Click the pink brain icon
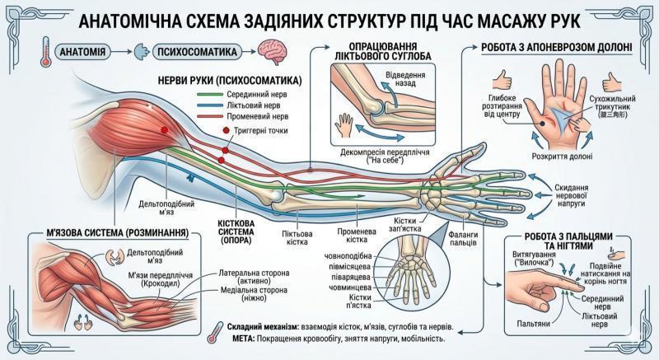click(273, 51)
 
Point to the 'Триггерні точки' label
click(259, 131)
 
